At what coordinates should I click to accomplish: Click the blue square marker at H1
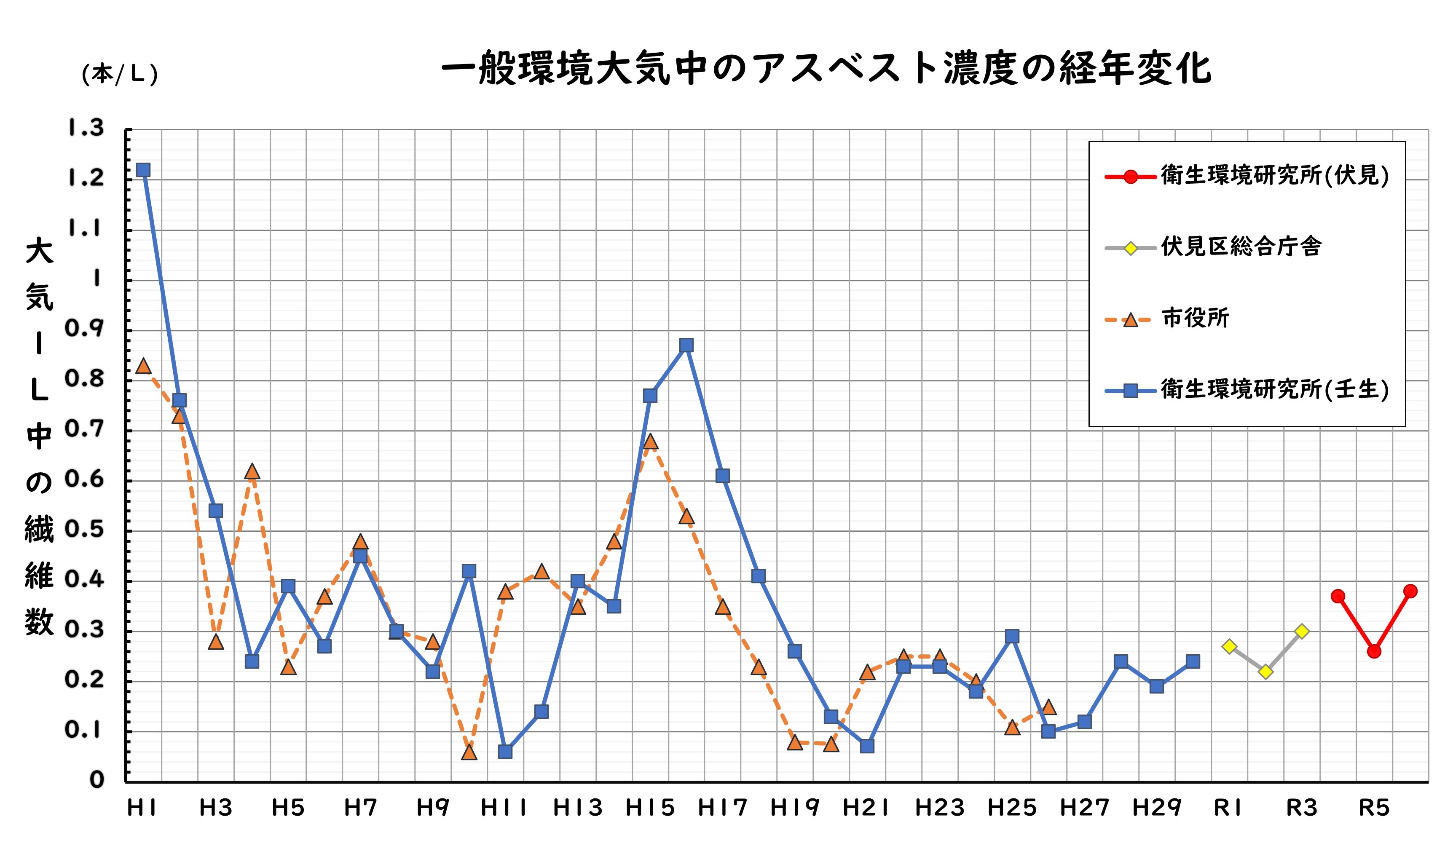[143, 170]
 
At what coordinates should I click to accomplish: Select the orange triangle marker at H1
[143, 366]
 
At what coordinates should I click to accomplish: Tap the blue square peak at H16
[686, 345]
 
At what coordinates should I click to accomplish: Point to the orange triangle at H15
[650, 442]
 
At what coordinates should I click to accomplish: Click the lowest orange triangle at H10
[469, 752]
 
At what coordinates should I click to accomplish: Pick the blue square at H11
[505, 752]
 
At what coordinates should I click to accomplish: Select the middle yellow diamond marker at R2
[1265, 672]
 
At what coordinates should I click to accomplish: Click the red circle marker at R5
[1374, 651]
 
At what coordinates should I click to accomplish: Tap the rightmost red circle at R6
[1410, 591]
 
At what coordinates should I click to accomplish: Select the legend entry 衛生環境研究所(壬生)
[1274, 390]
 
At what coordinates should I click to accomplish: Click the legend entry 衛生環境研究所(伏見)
[1274, 176]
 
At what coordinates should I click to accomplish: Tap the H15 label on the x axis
[650, 808]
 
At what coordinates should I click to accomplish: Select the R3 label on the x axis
[1302, 808]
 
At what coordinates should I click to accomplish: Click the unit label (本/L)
[120, 74]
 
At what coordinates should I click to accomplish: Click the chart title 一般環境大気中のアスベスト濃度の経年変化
[826, 68]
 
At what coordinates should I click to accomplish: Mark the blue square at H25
[1012, 637]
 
